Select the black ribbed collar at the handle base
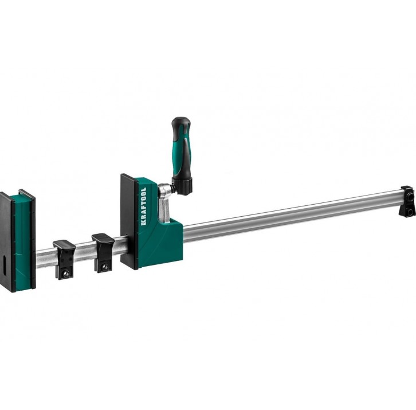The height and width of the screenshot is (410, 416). pos(182,185)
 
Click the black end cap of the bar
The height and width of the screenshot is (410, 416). pos(407,201)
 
